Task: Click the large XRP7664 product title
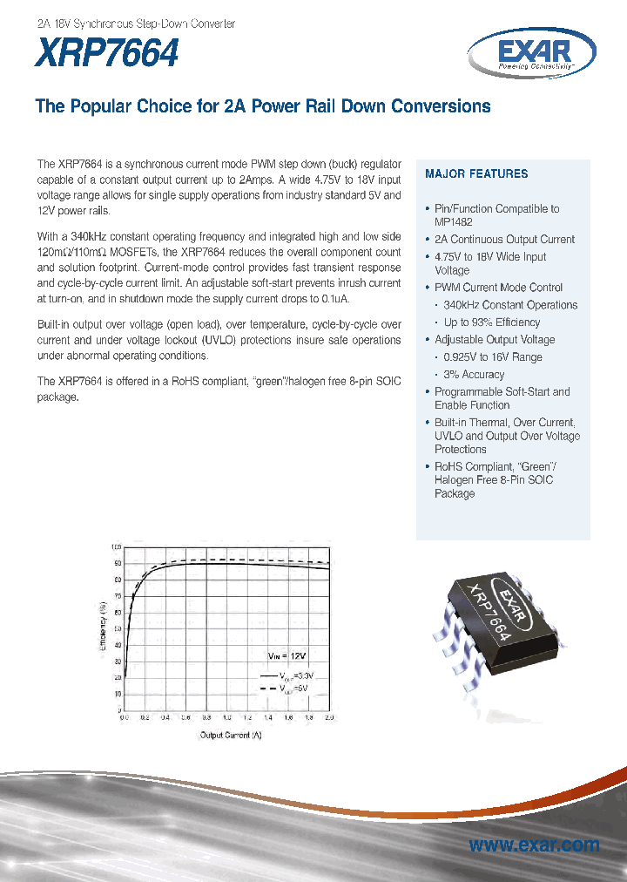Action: pyautogui.click(x=107, y=53)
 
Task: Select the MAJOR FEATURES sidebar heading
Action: pyautogui.click(x=475, y=174)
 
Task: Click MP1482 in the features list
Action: pyautogui.click(x=453, y=222)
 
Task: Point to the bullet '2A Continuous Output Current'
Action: pyautogui.click(x=504, y=240)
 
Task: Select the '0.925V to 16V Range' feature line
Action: pyautogui.click(x=493, y=357)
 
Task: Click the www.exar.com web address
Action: pyautogui.click(x=534, y=845)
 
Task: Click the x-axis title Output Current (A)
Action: pyautogui.click(x=231, y=735)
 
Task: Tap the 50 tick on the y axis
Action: pyautogui.click(x=118, y=628)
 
